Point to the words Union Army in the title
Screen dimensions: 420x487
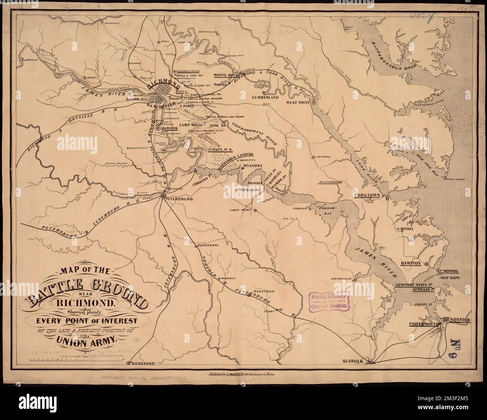(x=87, y=340)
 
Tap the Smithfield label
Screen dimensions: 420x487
(x=341, y=279)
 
